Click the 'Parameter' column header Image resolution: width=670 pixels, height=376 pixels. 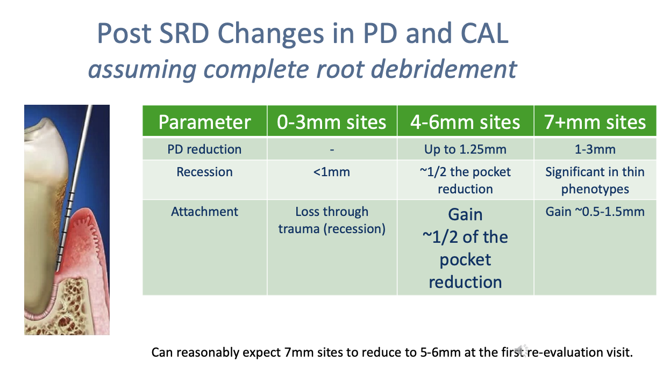(204, 122)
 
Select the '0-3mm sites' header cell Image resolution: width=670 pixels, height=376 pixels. (331, 122)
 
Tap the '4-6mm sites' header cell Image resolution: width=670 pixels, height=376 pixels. (465, 122)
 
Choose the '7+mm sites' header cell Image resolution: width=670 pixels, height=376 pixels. (595, 122)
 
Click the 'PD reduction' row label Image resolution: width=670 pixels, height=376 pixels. (204, 149)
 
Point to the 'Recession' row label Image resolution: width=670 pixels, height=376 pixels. (204, 172)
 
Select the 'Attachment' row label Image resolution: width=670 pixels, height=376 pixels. (204, 212)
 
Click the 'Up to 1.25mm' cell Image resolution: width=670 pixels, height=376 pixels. (465, 149)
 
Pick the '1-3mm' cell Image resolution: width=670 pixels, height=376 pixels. (595, 149)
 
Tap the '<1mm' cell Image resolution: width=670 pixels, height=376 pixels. (331, 172)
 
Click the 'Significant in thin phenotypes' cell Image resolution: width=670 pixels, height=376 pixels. (595, 180)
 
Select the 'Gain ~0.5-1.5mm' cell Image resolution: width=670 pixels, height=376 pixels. (595, 212)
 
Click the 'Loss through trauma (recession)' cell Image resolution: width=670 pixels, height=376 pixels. (332, 220)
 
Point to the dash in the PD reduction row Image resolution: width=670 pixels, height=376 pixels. (332, 149)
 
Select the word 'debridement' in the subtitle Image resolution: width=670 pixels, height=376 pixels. (444, 69)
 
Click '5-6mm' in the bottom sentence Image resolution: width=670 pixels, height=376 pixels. (440, 353)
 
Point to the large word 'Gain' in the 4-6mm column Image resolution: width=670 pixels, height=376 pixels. (465, 215)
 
